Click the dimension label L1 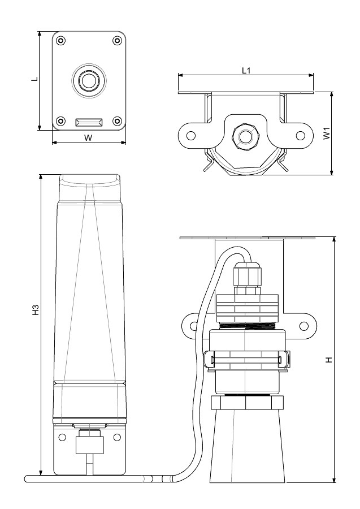point(246,70)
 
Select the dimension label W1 point(326,135)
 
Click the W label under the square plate point(88,137)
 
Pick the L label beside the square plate point(34,80)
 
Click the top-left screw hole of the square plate point(60,40)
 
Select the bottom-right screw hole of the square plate point(117,120)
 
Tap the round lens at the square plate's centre point(88,80)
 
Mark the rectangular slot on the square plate point(89,122)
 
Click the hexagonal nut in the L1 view point(245,136)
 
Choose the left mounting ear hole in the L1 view point(191,136)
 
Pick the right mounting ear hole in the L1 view point(301,136)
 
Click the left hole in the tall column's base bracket point(61,437)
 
